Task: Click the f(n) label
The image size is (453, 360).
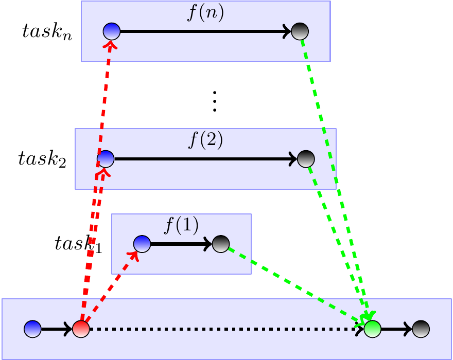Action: (x=205, y=13)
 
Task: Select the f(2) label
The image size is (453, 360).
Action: (x=205, y=140)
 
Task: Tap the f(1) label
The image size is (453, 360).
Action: (x=181, y=226)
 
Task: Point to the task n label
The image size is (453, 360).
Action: (x=47, y=32)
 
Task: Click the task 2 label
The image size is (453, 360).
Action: (x=42, y=158)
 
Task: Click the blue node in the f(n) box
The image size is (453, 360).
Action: (x=111, y=32)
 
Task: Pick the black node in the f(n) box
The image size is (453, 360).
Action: (x=300, y=32)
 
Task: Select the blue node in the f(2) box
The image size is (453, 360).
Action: (x=106, y=158)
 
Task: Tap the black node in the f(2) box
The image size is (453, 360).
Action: (x=305, y=158)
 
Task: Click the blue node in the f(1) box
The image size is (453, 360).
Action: (x=142, y=244)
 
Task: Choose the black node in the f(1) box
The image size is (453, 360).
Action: (x=220, y=244)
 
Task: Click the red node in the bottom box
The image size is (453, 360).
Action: (x=81, y=329)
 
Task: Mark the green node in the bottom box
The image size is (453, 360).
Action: (x=372, y=329)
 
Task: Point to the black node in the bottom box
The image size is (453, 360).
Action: (x=420, y=329)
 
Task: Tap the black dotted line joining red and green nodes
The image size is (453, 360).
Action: (x=221, y=329)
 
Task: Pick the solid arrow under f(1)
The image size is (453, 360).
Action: (x=180, y=244)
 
